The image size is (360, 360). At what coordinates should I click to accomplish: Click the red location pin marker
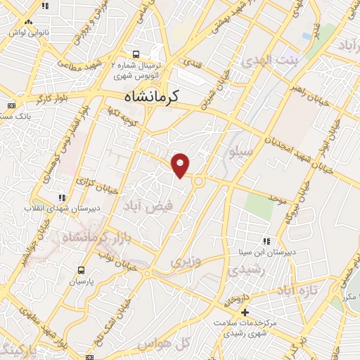point(181,165)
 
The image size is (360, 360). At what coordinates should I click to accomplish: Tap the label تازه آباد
point(297,290)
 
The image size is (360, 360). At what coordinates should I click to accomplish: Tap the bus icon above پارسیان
point(81,270)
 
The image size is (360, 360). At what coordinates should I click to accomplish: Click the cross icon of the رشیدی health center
point(245,311)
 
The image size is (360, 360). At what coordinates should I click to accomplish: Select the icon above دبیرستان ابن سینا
point(266,241)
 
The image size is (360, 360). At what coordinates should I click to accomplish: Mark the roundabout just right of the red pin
point(198,181)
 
